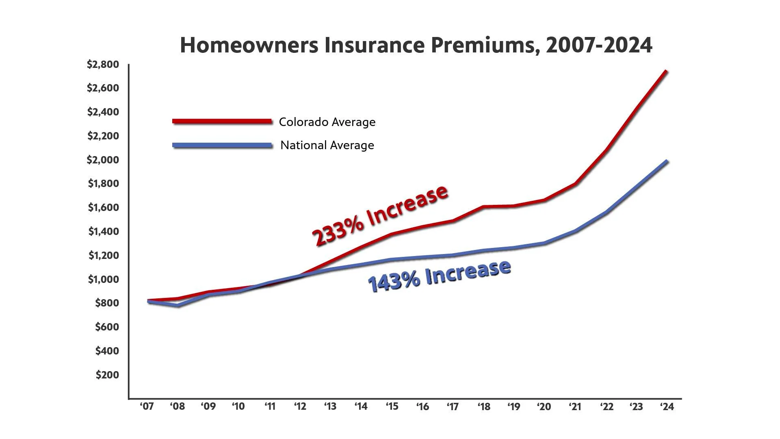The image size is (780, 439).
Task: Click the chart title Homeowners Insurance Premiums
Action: click(x=416, y=45)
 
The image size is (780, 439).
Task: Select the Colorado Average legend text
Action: click(x=327, y=122)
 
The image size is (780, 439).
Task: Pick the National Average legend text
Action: click(x=327, y=145)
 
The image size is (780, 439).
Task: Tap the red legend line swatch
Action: click(x=222, y=121)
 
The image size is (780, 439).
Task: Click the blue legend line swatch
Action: click(x=222, y=145)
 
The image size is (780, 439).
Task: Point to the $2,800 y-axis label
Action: click(x=103, y=64)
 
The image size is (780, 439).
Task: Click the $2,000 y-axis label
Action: click(x=103, y=160)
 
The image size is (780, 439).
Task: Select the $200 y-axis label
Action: click(x=107, y=375)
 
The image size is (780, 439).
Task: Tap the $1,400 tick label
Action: click(x=104, y=232)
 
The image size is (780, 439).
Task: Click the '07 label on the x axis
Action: click(x=147, y=406)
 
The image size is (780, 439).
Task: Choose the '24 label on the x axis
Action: click(x=667, y=406)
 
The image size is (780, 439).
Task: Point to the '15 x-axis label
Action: click(x=392, y=406)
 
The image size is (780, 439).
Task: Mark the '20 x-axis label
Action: click(x=544, y=406)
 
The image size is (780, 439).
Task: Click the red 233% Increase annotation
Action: click(x=380, y=215)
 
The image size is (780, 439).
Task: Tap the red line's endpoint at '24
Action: click(x=666, y=72)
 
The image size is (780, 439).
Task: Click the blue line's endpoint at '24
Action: click(x=666, y=162)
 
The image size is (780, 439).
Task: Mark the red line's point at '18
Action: click(x=483, y=206)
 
